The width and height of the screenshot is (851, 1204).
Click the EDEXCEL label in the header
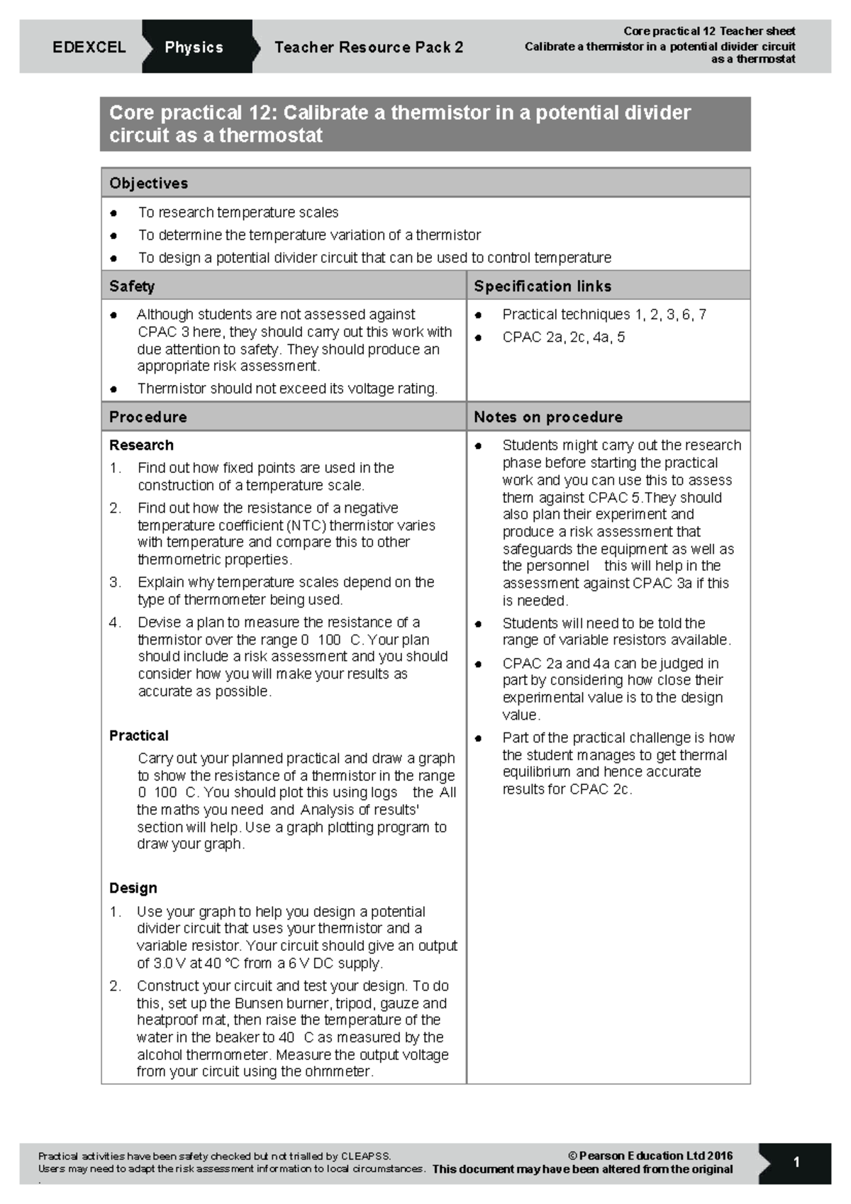click(x=89, y=48)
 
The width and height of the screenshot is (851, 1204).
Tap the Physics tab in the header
click(x=194, y=48)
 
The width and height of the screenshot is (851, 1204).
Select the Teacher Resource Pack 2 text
click(x=368, y=48)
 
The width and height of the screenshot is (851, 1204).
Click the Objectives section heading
click(x=148, y=184)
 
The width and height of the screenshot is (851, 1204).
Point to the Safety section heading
click(x=132, y=286)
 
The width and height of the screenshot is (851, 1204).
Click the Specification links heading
click(x=543, y=286)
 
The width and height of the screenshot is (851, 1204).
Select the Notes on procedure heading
click(x=548, y=417)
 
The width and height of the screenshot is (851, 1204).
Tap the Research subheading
click(x=141, y=445)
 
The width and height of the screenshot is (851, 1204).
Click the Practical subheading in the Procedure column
click(x=139, y=735)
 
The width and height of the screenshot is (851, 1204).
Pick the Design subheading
click(x=133, y=888)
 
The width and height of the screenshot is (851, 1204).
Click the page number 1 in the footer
click(x=796, y=1162)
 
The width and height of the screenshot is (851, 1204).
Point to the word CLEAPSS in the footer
click(x=365, y=1156)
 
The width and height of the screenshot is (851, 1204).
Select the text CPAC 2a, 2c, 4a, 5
click(x=564, y=338)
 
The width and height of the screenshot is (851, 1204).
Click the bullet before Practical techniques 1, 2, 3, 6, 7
click(x=479, y=316)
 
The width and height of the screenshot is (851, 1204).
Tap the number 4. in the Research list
click(x=115, y=623)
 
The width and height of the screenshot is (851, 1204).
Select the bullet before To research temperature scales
click(x=113, y=213)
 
